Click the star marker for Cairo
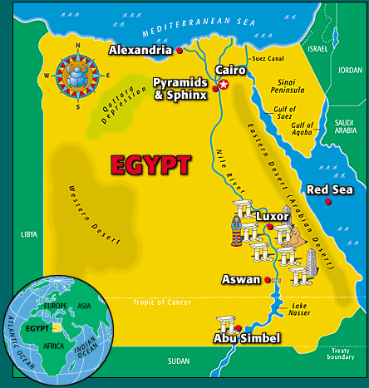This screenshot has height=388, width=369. [223, 84]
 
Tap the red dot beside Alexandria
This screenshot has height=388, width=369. [179, 51]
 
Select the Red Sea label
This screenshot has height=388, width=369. [330, 189]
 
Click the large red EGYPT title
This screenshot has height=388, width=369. [150, 165]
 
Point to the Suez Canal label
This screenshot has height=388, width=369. [267, 59]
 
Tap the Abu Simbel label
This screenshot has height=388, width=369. [247, 338]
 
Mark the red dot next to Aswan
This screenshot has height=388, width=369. [267, 281]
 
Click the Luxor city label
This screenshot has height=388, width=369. [273, 217]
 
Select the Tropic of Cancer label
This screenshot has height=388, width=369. [163, 302]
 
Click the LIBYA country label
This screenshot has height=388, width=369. [29, 235]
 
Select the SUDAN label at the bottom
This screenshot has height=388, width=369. [179, 361]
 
